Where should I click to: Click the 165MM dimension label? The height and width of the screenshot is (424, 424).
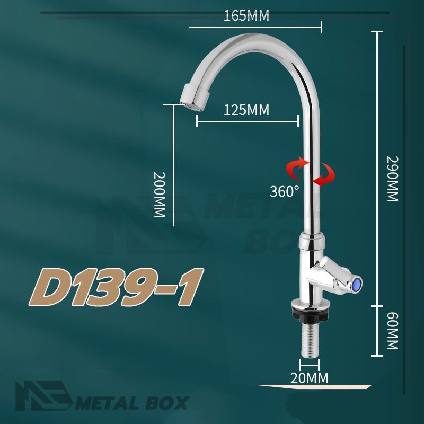tap(246, 16)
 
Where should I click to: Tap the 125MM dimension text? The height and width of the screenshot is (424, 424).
tap(246, 110)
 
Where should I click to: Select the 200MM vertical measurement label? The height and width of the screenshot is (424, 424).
tap(160, 195)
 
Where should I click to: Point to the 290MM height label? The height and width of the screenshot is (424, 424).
tap(393, 179)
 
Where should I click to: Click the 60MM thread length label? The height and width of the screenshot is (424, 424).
tap(393, 331)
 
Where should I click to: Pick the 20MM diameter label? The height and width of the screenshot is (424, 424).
tap(309, 378)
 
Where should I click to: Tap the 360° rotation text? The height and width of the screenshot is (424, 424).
tap(285, 191)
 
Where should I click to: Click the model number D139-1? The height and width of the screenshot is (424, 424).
tap(116, 287)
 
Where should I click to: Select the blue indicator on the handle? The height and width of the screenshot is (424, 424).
tap(357, 285)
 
